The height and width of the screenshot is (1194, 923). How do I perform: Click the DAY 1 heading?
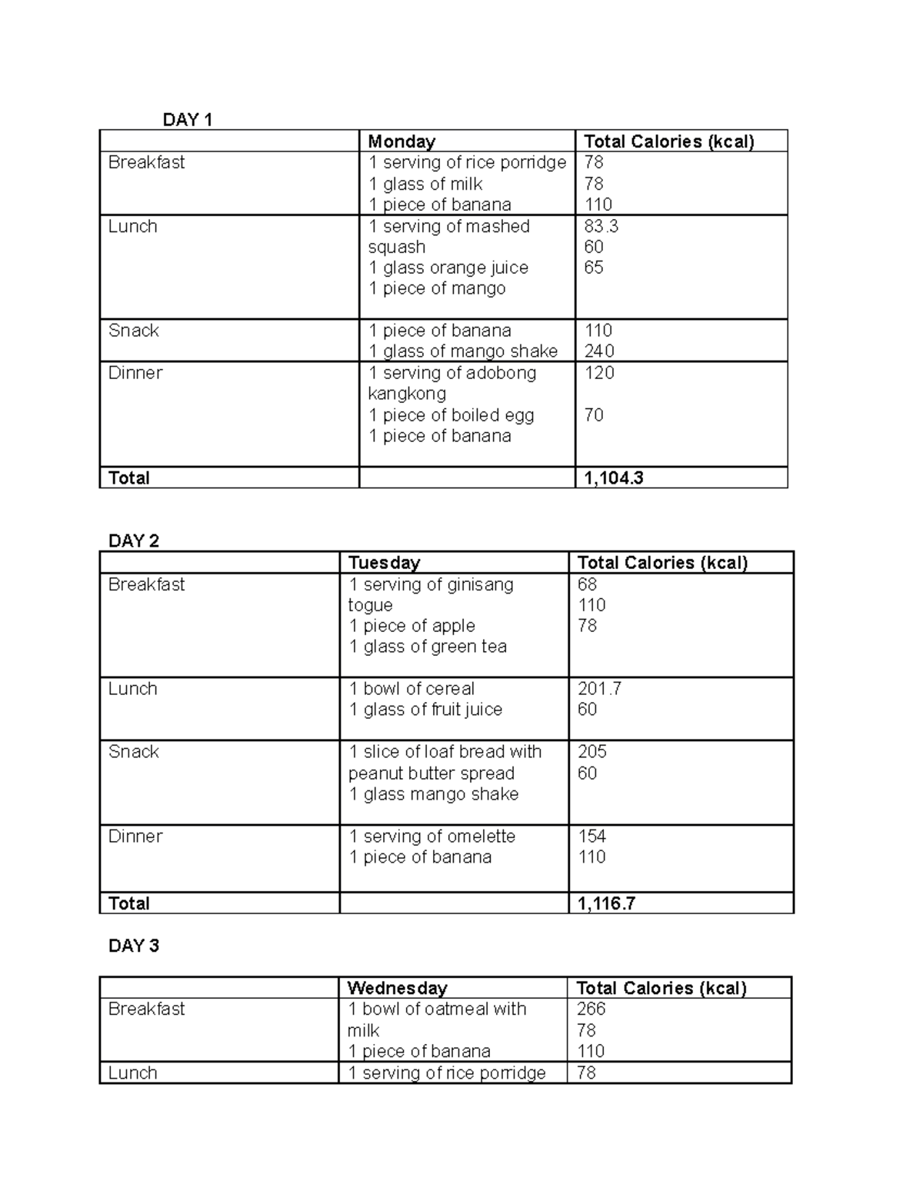[187, 119]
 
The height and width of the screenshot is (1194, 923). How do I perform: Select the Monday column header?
[402, 141]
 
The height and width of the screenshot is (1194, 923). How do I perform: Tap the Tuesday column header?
[384, 563]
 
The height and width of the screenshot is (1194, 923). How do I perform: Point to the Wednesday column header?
[397, 988]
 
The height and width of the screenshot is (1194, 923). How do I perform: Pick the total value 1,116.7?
[606, 903]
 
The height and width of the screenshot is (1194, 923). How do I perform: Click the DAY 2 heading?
[134, 541]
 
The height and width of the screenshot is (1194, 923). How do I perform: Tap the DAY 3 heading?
[134, 946]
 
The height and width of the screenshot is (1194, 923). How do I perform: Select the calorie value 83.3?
[601, 226]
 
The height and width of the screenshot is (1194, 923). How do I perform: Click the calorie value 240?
[599, 351]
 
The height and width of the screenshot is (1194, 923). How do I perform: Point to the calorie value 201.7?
[599, 689]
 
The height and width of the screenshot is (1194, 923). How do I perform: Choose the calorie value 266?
[591, 1009]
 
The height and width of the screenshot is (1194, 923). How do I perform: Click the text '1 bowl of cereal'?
[412, 689]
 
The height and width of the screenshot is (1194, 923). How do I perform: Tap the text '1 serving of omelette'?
[432, 836]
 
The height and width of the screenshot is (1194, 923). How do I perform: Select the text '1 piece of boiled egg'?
[451, 415]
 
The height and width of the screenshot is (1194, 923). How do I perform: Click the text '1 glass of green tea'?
[428, 647]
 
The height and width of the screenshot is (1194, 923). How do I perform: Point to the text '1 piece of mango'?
[437, 288]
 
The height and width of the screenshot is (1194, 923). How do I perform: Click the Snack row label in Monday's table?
[134, 331]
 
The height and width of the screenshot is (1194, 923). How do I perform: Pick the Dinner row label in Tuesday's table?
[135, 836]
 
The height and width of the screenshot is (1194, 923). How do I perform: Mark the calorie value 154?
[591, 836]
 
